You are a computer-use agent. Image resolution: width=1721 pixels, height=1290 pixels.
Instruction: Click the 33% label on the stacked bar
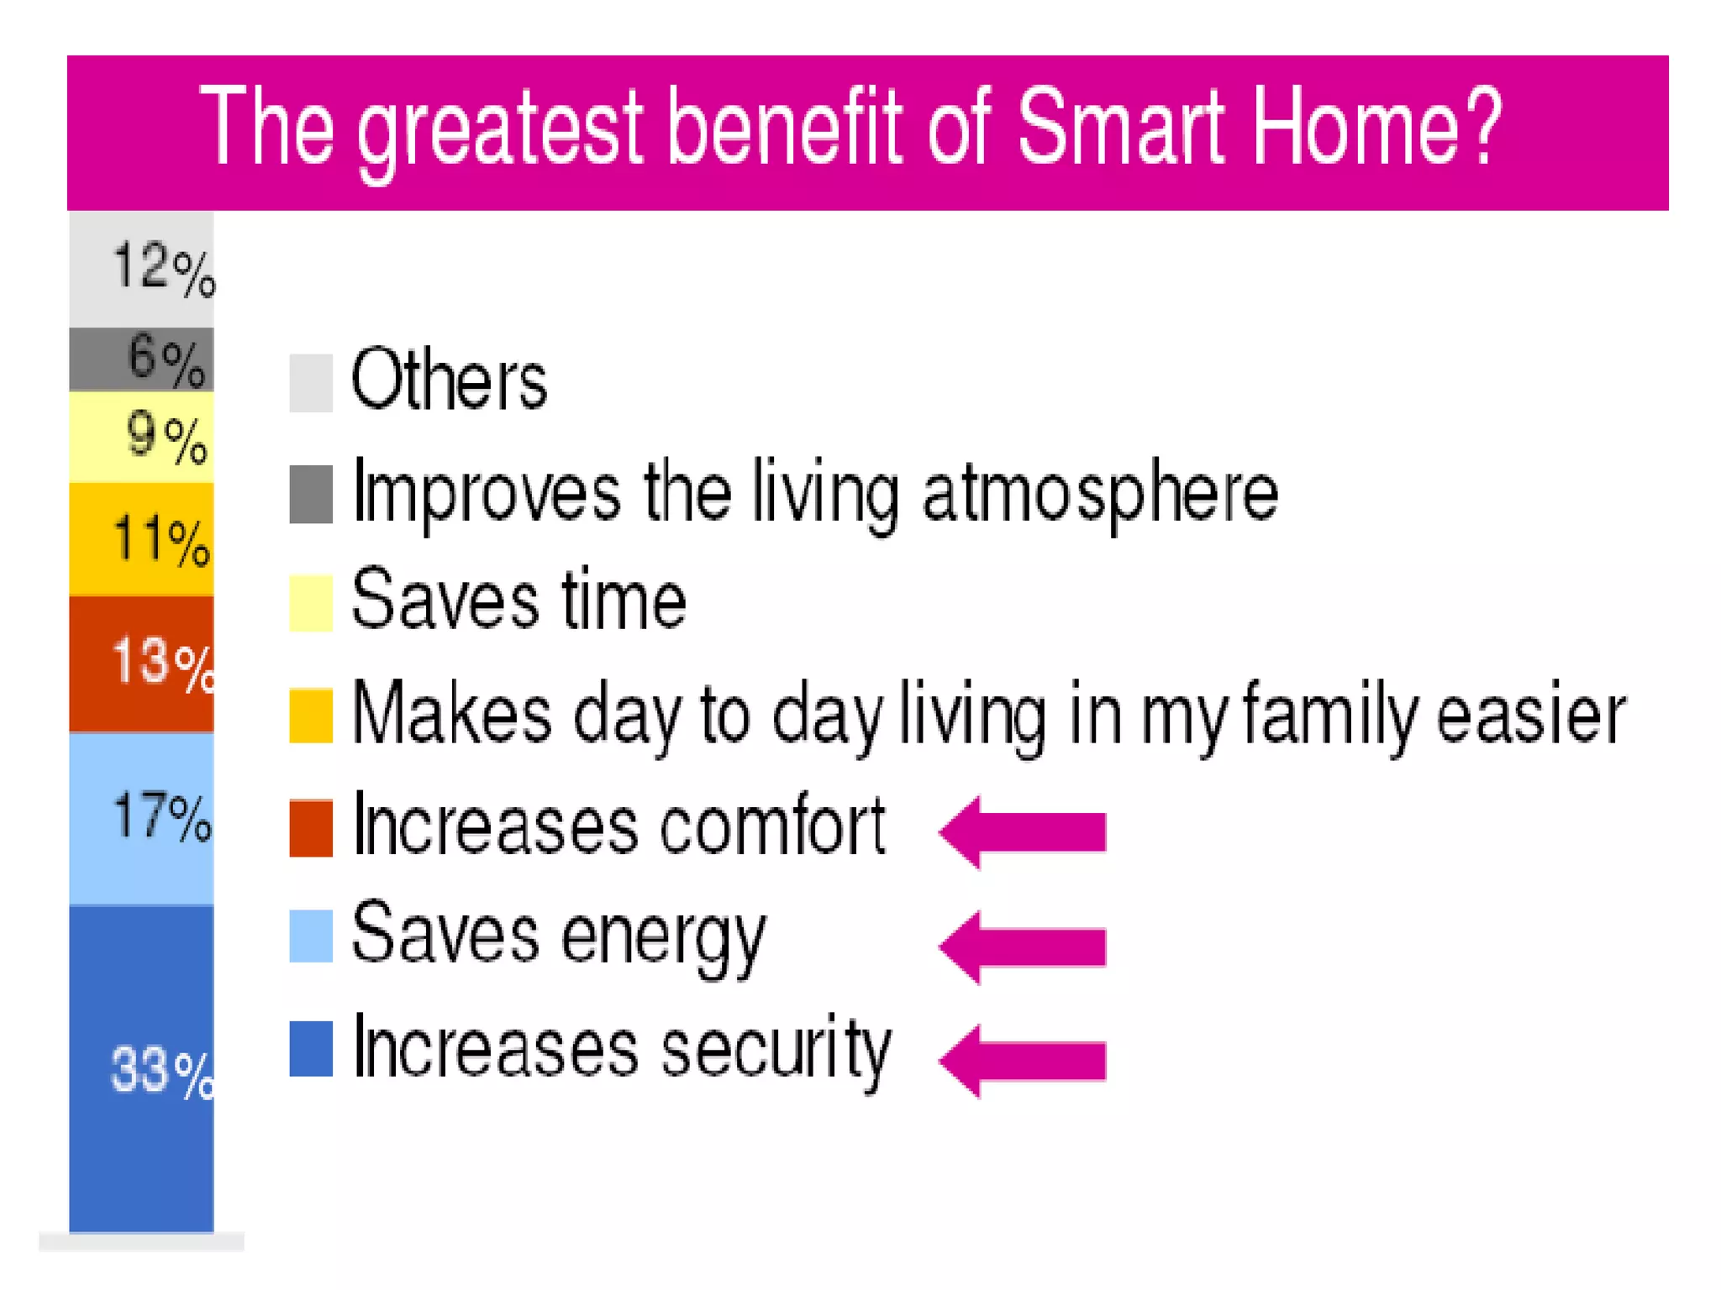click(161, 1072)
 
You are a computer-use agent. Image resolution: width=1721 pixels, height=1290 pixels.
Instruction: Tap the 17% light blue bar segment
click(141, 819)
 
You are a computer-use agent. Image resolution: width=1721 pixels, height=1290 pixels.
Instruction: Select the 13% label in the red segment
click(162, 663)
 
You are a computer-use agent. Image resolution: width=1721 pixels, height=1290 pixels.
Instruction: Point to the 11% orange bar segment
click(141, 539)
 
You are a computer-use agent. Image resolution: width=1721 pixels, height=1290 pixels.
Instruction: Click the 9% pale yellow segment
click(141, 437)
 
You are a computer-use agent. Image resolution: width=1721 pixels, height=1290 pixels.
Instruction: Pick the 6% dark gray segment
click(141, 359)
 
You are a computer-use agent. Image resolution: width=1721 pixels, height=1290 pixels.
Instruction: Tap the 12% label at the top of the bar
click(163, 269)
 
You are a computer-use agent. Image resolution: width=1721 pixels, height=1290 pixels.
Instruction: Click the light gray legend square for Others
click(311, 383)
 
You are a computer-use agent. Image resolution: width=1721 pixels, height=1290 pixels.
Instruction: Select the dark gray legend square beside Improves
click(311, 494)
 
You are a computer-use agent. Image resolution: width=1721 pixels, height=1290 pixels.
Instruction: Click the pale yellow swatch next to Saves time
click(311, 602)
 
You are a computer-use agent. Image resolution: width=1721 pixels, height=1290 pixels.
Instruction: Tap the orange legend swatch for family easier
click(311, 716)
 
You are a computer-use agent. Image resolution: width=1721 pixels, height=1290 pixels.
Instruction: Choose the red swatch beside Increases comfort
click(311, 828)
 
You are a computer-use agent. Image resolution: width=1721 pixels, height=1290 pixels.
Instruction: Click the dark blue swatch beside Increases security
click(311, 1048)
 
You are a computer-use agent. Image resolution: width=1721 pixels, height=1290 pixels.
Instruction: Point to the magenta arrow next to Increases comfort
click(1023, 831)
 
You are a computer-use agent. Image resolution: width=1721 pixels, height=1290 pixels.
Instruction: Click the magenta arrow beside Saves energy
click(1023, 947)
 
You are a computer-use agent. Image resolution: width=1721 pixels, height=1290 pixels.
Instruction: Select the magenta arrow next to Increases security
click(1023, 1060)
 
